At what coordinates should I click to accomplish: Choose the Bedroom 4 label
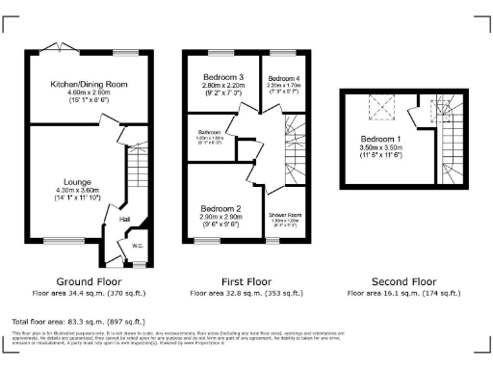tap(284, 77)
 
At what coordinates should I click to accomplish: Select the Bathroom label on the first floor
tap(211, 132)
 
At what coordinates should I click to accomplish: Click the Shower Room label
tap(286, 216)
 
